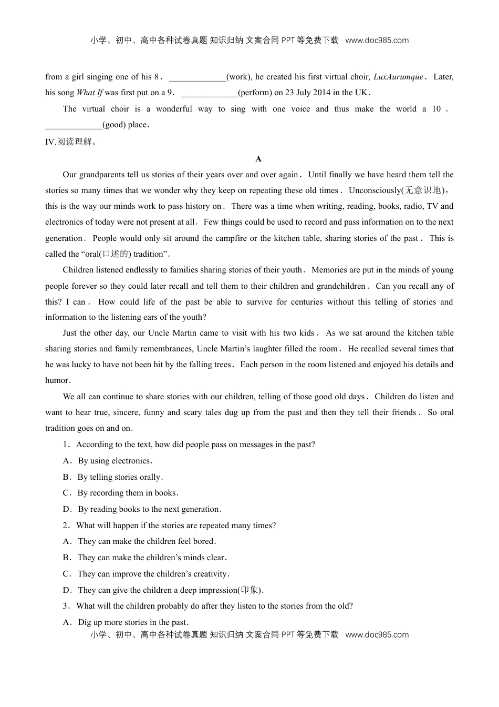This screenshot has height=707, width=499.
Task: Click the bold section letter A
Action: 258,159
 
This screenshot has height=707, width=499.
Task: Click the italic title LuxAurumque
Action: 398,77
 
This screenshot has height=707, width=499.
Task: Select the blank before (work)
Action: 197,77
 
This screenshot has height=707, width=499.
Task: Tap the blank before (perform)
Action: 209,93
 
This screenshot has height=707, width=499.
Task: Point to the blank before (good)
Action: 74,125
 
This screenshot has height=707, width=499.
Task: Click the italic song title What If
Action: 90,93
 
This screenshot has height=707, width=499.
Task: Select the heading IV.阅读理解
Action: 71,142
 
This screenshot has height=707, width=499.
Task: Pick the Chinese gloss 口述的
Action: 115,254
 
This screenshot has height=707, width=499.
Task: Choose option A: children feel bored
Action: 147,541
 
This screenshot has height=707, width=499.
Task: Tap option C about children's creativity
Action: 153,574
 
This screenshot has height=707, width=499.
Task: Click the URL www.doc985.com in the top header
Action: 377,41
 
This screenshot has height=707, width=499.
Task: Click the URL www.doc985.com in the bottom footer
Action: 377,635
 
